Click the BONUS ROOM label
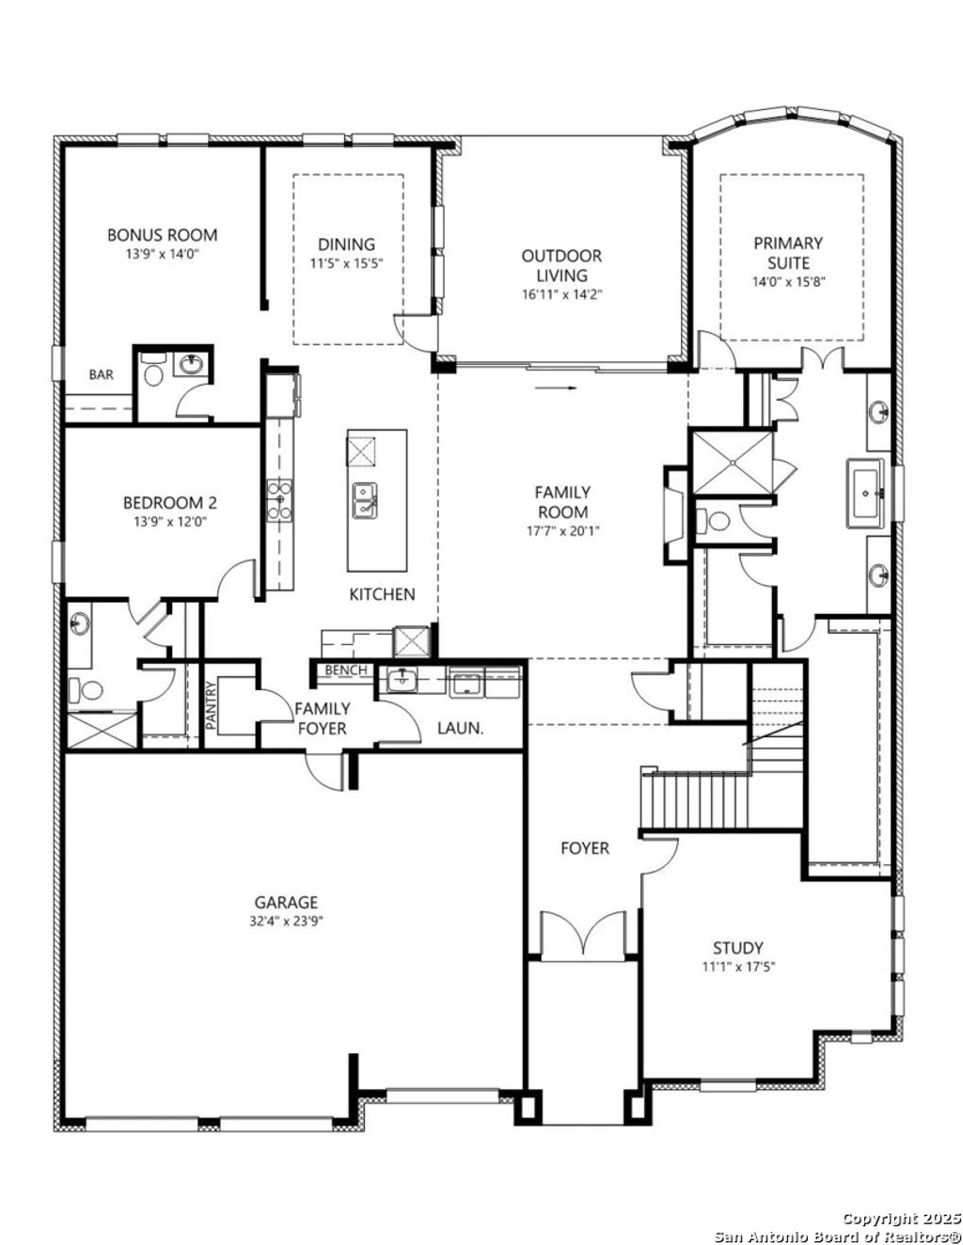point(162,235)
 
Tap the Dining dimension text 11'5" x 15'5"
point(346,263)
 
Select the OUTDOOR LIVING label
point(561,265)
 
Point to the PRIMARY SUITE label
point(787,253)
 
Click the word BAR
point(102,374)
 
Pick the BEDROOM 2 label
point(163,503)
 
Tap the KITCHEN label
point(382,594)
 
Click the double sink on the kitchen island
point(364,500)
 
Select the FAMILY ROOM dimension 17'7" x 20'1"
point(562,530)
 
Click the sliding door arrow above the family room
point(556,386)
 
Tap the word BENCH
point(342,670)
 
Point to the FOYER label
point(585,848)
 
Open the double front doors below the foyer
point(584,936)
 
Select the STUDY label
point(737,948)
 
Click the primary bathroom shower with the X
point(731,461)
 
